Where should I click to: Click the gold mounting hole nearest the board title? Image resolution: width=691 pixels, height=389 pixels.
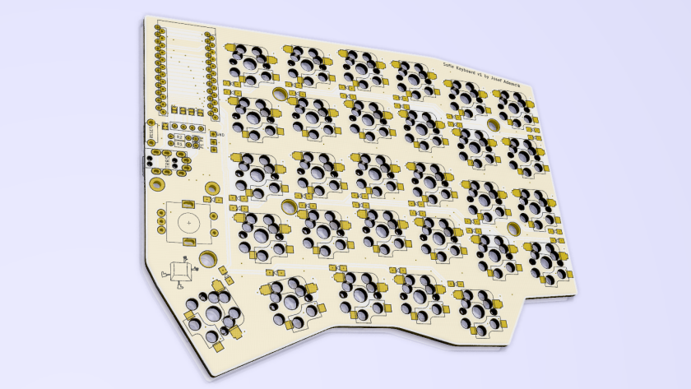tap(492, 125)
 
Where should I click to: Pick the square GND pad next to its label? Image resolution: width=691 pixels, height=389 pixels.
tap(213, 135)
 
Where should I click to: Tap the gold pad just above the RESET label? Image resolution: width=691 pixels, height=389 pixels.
tap(151, 122)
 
